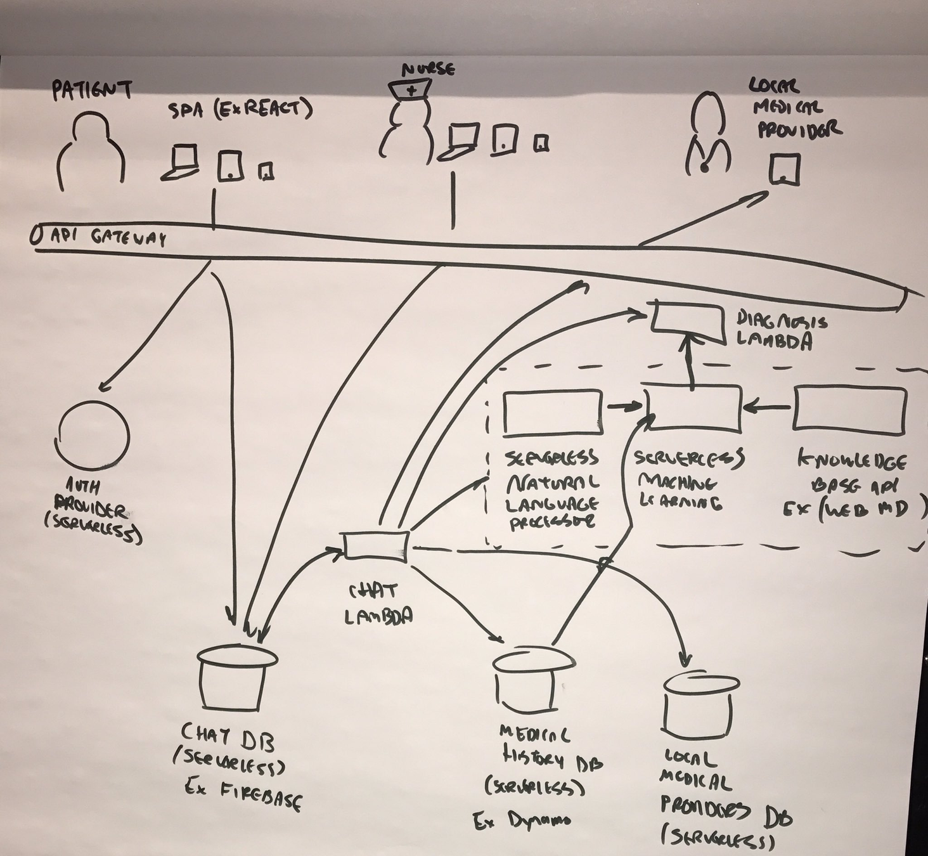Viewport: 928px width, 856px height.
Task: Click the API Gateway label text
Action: click(108, 237)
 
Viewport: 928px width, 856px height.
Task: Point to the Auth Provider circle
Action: click(93, 436)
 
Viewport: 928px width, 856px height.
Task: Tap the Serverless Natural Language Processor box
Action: click(552, 413)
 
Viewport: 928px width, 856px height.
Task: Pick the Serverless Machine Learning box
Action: click(693, 408)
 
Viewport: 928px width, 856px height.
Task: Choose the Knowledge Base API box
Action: click(849, 409)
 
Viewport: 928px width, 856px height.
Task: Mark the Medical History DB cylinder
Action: click(532, 681)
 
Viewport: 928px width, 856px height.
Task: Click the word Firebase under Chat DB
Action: click(261, 795)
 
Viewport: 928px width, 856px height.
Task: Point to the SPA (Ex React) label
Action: click(240, 110)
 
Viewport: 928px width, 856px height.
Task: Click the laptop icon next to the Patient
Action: click(182, 162)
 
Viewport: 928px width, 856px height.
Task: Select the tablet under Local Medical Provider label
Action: click(784, 169)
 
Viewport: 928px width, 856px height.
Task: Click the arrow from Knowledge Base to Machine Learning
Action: click(768, 408)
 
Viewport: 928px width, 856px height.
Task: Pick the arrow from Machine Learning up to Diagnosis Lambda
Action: click(690, 361)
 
